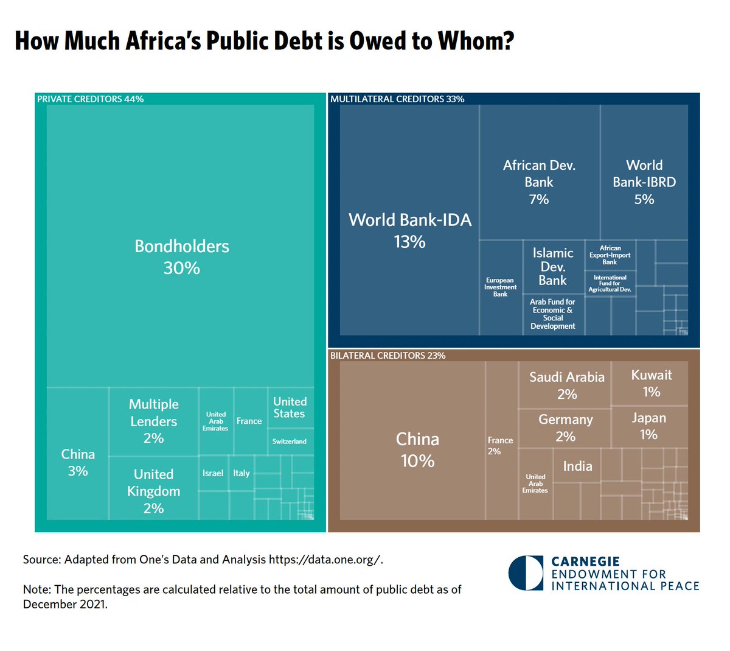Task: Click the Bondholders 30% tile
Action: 181,256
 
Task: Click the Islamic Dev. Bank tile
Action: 553,267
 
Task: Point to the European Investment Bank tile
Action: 501,287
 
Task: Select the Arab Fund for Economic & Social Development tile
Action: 552,314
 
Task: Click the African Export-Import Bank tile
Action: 610,255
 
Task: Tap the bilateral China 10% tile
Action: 417,449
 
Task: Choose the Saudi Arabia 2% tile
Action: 566,385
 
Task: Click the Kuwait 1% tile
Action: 651,383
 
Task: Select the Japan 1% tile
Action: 648,426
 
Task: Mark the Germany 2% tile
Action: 565,428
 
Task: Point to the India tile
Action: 577,466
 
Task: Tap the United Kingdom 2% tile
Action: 153,490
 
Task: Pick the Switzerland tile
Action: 290,442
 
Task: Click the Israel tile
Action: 213,473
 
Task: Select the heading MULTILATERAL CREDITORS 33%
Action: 397,99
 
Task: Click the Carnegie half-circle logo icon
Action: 525,572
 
